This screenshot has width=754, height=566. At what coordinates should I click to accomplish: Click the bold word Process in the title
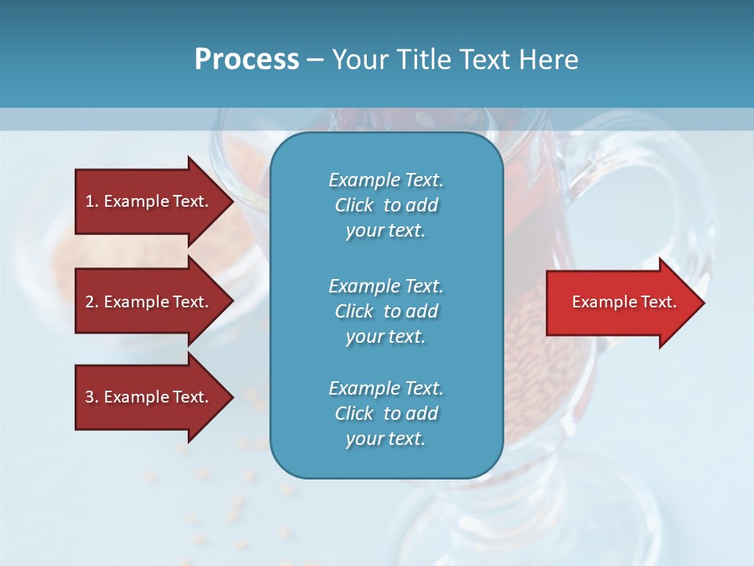pyautogui.click(x=247, y=60)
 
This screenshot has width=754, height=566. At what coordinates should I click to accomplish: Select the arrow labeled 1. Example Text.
pyautogui.click(x=149, y=201)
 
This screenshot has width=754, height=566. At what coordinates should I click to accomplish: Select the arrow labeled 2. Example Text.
pyautogui.click(x=149, y=302)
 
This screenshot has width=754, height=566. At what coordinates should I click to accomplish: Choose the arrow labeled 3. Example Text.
pyautogui.click(x=149, y=397)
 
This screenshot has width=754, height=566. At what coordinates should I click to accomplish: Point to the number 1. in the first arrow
pyautogui.click(x=92, y=201)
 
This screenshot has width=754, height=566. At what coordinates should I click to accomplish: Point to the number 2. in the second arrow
pyautogui.click(x=92, y=302)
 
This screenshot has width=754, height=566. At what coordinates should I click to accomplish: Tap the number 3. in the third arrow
pyautogui.click(x=92, y=397)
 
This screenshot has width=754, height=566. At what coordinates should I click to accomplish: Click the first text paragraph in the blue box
pyautogui.click(x=386, y=205)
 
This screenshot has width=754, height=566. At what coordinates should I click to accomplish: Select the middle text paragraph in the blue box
pyautogui.click(x=386, y=311)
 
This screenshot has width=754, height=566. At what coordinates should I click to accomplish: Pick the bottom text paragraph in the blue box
pyautogui.click(x=386, y=413)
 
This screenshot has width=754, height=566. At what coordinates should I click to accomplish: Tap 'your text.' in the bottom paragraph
pyautogui.click(x=386, y=439)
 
